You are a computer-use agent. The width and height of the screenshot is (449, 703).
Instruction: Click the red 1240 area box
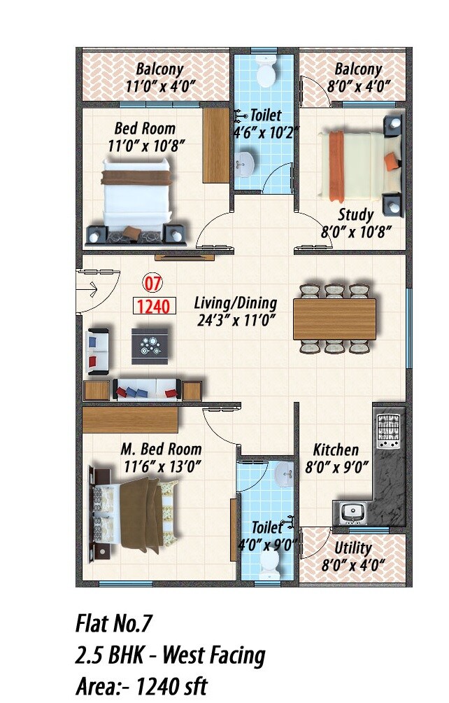point(154,306)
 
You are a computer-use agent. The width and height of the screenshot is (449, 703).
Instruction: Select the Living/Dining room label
point(235,303)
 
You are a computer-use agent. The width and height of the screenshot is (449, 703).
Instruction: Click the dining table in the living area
point(334,319)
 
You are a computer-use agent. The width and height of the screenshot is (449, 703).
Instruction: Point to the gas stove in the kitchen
point(388,431)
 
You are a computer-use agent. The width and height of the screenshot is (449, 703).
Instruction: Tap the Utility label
point(352,548)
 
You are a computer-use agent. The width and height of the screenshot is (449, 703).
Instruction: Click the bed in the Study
point(353,166)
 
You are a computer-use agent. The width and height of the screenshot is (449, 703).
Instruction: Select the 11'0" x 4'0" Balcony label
point(159,87)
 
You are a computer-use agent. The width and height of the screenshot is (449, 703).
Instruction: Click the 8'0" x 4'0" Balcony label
point(357,87)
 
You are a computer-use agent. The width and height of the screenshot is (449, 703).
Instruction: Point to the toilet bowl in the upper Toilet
point(264,71)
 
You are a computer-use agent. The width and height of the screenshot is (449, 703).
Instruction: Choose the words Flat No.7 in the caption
point(113,622)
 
